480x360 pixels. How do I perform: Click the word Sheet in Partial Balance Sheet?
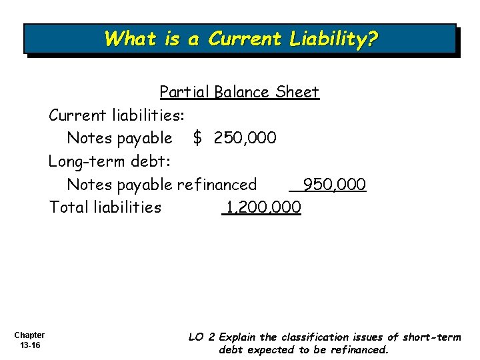point(297,92)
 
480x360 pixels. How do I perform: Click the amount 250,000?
point(245,138)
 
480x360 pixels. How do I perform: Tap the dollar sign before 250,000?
point(197,138)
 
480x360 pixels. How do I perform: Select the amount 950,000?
point(334,184)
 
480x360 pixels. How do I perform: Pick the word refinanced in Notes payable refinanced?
point(217,184)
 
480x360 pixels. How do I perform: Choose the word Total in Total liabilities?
point(67,207)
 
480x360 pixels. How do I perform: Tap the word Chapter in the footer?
point(29,335)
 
